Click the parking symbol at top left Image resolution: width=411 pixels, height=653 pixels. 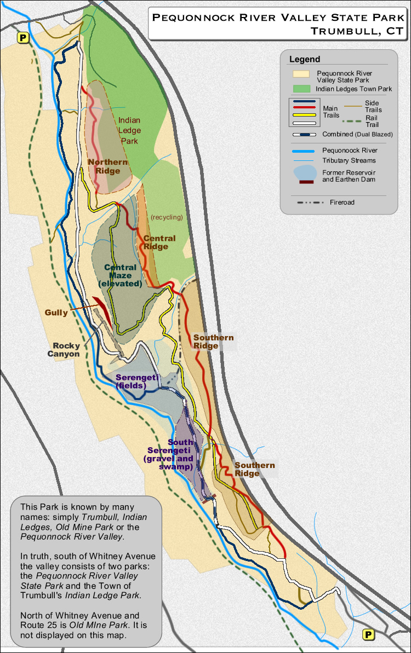tap(23, 38)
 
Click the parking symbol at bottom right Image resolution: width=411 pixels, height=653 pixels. tap(369, 634)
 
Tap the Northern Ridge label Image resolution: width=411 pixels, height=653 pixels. tap(107, 166)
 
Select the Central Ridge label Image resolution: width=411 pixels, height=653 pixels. tap(159, 242)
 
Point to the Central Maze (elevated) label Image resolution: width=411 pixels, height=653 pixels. tap(121, 276)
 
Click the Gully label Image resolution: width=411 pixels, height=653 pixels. tap(57, 313)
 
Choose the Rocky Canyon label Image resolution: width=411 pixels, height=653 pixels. tap(66, 350)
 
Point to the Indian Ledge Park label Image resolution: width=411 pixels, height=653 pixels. tap(130, 130)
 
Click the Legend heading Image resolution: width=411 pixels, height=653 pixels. tap(305, 59)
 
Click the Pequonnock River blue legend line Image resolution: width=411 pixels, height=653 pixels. tap(305, 150)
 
